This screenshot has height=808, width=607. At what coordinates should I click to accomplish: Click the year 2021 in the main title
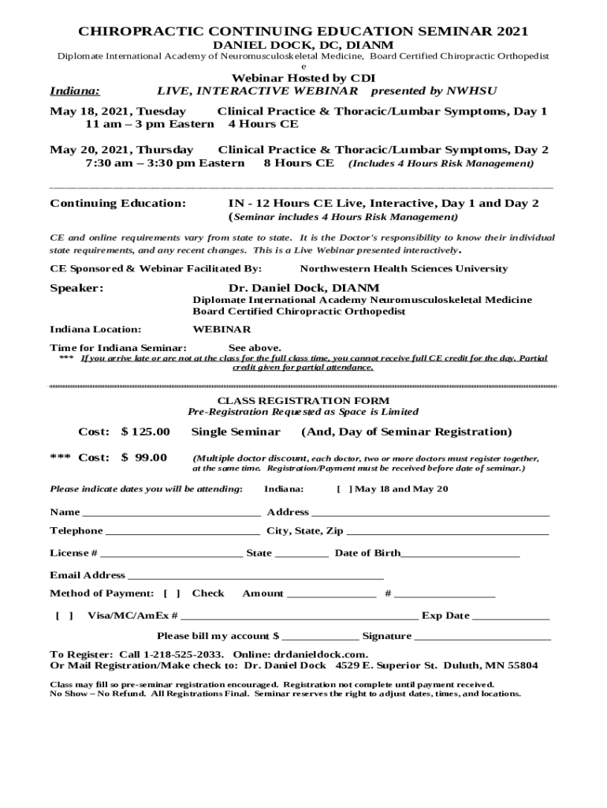pyautogui.click(x=512, y=32)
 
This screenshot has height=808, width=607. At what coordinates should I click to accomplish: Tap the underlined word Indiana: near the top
pyautogui.click(x=69, y=92)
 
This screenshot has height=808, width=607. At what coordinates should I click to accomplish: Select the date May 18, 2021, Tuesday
pyautogui.click(x=118, y=111)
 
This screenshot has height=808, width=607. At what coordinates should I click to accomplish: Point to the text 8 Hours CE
pyautogui.click(x=298, y=163)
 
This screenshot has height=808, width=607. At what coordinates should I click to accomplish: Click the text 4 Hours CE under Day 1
pyautogui.click(x=263, y=124)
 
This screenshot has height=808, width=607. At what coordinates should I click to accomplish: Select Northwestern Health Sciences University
pyautogui.click(x=404, y=268)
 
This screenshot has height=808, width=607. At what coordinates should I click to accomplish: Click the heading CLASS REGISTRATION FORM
pyautogui.click(x=303, y=400)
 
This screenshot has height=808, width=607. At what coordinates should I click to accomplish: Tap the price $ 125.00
pyautogui.click(x=145, y=432)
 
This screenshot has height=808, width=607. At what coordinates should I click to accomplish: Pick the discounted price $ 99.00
pyautogui.click(x=143, y=458)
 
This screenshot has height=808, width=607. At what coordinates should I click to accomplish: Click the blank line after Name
pyautogui.click(x=171, y=514)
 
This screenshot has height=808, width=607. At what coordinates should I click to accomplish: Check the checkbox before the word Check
pyautogui.click(x=172, y=593)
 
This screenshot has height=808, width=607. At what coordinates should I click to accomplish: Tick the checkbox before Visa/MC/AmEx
pyautogui.click(x=64, y=615)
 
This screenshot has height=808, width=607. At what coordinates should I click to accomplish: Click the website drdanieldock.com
pyautogui.click(x=320, y=655)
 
